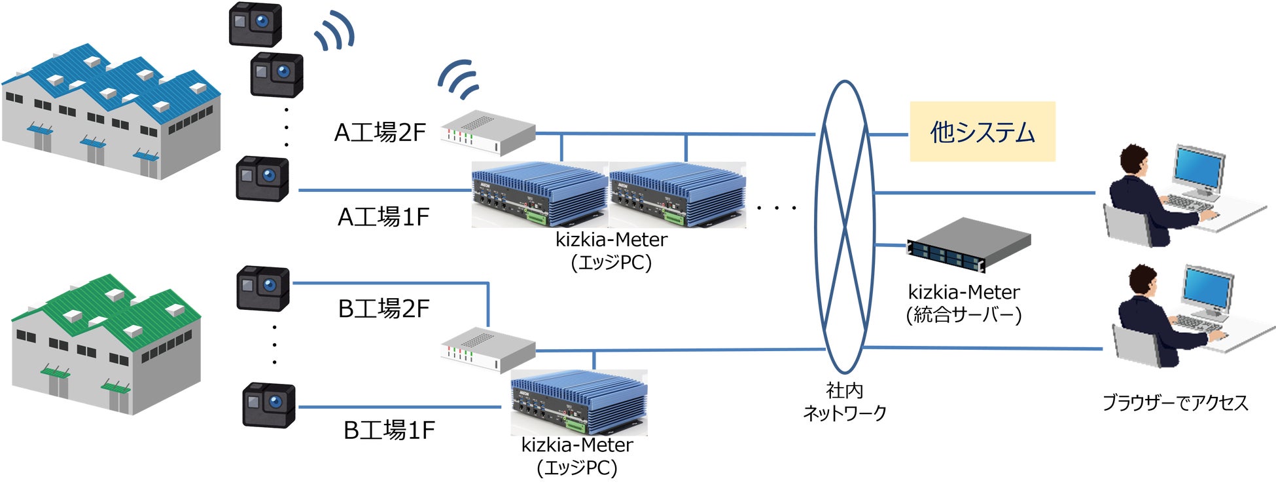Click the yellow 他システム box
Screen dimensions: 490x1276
pyautogui.click(x=982, y=132)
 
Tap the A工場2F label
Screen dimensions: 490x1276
pyautogui.click(x=380, y=133)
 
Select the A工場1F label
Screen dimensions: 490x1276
pyautogui.click(x=383, y=217)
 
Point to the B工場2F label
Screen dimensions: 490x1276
pyautogui.click(x=383, y=309)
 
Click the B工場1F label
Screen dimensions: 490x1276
pyautogui.click(x=389, y=430)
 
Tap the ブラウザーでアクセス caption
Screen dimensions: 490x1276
pyautogui.click(x=1175, y=402)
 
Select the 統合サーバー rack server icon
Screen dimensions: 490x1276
pyautogui.click(x=968, y=245)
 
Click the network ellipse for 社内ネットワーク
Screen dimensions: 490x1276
pyautogui.click(x=845, y=226)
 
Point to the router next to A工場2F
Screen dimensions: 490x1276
pyautogui.click(x=488, y=132)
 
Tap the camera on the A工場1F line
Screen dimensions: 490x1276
pyautogui.click(x=262, y=178)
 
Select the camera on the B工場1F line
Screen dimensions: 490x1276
pyautogui.click(x=269, y=405)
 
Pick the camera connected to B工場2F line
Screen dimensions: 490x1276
pyautogui.click(x=262, y=288)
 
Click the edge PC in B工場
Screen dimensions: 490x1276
pyautogui.click(x=578, y=402)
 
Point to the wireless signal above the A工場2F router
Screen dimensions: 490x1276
pyautogui.click(x=459, y=79)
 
